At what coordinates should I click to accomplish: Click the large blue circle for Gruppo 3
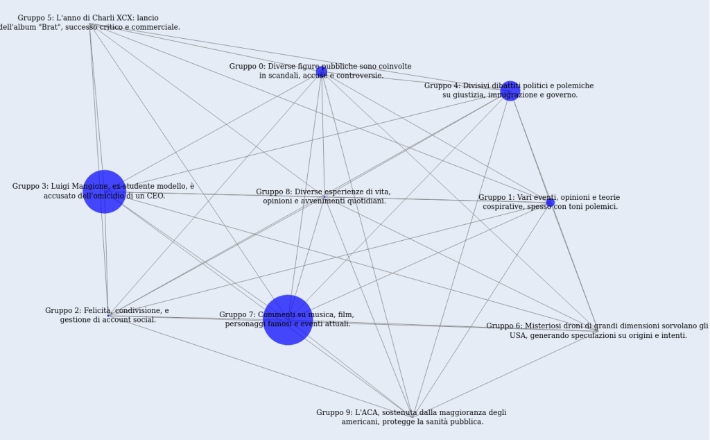tap(104, 192)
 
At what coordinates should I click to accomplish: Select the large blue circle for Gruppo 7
tap(288, 319)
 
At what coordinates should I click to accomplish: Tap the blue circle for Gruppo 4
tap(510, 91)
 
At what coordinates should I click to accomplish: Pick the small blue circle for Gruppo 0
tap(322, 71)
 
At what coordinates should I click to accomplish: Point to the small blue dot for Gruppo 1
tap(551, 203)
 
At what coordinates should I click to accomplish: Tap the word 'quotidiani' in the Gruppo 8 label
tap(365, 201)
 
